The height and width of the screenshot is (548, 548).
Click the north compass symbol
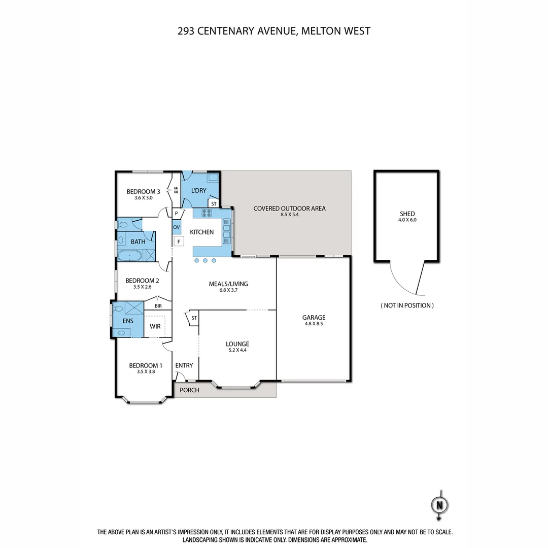440,505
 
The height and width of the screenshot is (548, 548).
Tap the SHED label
407,214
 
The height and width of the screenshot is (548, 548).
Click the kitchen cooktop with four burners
207,213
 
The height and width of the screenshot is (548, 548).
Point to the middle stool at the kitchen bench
205,261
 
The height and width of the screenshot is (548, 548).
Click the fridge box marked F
179,242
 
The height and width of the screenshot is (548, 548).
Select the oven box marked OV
177,227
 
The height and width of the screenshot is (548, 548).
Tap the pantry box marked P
177,214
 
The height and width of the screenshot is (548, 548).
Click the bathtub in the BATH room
131,256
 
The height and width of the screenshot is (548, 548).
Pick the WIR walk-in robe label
155,326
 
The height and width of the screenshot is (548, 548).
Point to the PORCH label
189,390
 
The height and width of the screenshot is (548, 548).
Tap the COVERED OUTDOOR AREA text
289,208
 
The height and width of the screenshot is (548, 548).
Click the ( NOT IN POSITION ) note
407,305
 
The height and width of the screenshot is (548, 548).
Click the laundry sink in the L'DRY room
213,178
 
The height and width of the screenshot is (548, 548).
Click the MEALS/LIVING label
228,284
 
